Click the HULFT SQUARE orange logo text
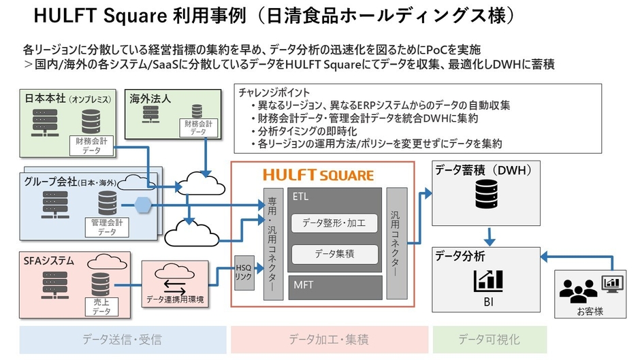[x=319, y=175]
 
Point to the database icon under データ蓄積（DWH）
[x=485, y=196]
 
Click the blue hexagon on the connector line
[x=142, y=205]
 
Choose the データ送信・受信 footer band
[x=123, y=339]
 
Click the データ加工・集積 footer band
[x=329, y=339]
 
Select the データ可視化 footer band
[x=490, y=339]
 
